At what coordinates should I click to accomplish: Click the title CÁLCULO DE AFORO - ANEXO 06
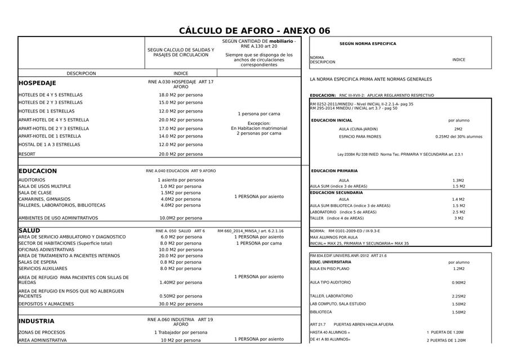(254, 31)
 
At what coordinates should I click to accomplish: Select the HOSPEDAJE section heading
(37, 83)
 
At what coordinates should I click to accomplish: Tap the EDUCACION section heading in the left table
(38, 171)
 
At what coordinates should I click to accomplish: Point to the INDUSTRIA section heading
(37, 322)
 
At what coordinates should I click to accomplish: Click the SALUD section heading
(29, 231)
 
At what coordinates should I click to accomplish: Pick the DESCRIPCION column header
(81, 74)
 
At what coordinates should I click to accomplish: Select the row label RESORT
(27, 154)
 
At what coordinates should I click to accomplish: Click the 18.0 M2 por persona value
(181, 95)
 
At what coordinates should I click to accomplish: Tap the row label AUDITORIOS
(32, 180)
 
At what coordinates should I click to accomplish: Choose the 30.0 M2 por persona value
(181, 304)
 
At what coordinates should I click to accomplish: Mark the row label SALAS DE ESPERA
(38, 262)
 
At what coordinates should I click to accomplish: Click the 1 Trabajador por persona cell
(181, 332)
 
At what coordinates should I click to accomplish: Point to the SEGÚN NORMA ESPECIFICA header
(368, 44)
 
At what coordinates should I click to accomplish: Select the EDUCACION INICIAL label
(332, 120)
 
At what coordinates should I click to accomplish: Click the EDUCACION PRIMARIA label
(334, 171)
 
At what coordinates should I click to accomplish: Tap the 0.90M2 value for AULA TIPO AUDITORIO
(459, 283)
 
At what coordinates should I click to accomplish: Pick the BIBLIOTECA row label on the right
(321, 312)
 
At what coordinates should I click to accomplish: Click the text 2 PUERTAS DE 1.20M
(446, 340)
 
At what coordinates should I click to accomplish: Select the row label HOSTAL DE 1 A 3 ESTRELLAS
(50, 145)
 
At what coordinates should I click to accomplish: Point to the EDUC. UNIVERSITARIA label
(330, 262)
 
